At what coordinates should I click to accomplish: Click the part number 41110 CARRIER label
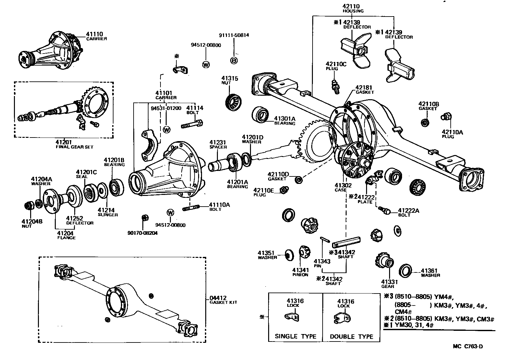tap(96, 36)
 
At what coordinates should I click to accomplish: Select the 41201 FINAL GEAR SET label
tap(74, 144)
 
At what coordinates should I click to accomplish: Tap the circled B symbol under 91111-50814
tap(233, 60)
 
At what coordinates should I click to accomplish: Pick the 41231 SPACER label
tap(218, 144)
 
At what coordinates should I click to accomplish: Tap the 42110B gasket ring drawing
tap(424, 123)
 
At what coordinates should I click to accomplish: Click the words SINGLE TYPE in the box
tap(295, 336)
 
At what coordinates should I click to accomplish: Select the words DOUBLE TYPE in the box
tap(351, 336)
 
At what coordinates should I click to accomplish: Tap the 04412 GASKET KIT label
tap(223, 300)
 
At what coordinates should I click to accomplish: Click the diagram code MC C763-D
tap(468, 346)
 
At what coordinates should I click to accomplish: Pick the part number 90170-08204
tap(142, 233)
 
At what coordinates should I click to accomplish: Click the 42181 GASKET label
tap(364, 90)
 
